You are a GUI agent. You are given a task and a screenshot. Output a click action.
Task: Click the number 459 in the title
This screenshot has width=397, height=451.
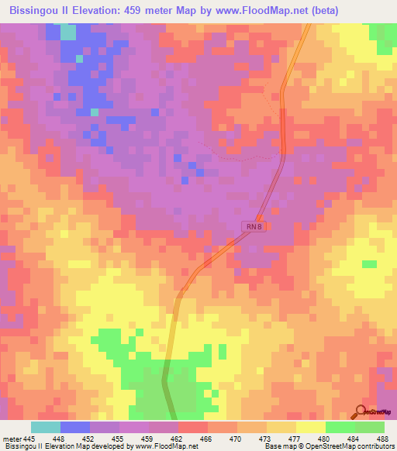164,11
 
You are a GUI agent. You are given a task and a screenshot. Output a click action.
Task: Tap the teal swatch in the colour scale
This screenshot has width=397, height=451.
45,427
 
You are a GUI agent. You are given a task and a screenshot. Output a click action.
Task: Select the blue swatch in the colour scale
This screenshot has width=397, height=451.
74,427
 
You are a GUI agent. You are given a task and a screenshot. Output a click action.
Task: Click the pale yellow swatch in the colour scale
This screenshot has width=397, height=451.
310,427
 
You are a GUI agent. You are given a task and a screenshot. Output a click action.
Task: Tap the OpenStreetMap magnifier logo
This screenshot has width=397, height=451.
361,411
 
